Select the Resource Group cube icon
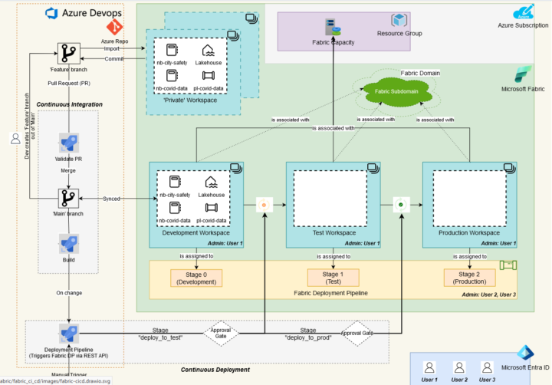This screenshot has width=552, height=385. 398,21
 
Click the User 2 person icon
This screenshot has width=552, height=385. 459,367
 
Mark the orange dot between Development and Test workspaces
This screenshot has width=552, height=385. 264,205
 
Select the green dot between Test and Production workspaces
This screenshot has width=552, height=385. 400,205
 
